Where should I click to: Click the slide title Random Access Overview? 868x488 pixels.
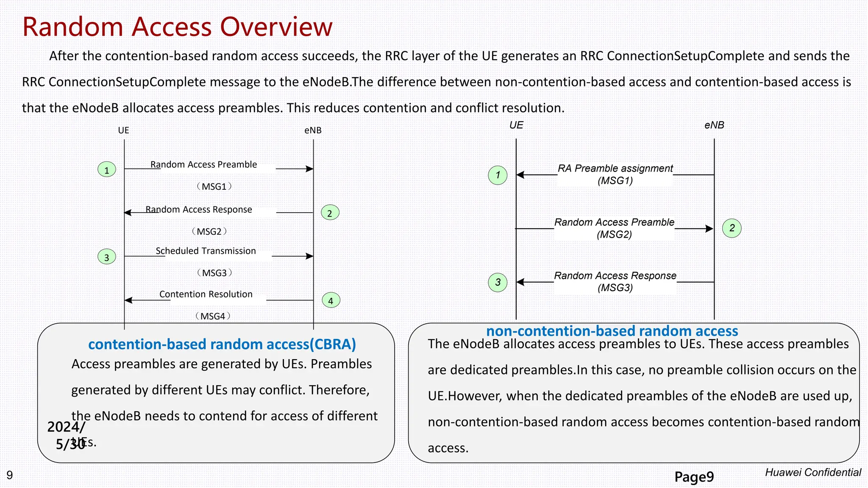(177, 27)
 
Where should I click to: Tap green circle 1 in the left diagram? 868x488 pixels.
(107, 169)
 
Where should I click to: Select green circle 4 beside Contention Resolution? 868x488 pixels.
(331, 300)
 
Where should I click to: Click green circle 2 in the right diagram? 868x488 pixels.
(732, 228)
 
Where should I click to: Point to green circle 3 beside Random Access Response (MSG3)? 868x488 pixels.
(498, 282)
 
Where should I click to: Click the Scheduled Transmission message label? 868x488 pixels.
(206, 251)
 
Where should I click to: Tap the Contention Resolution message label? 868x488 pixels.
(206, 294)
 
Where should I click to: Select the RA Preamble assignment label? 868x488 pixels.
(615, 169)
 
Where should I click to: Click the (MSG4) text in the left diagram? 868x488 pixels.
(213, 316)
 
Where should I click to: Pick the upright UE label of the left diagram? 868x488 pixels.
(123, 130)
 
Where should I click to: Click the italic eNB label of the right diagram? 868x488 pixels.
(714, 125)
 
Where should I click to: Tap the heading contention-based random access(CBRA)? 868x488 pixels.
(222, 344)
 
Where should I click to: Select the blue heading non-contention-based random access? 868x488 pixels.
(612, 331)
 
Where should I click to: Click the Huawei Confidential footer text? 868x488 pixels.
(813, 472)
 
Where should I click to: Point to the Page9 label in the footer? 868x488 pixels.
(694, 477)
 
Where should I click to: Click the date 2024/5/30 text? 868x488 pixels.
(67, 435)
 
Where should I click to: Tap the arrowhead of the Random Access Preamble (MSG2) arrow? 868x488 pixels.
(709, 229)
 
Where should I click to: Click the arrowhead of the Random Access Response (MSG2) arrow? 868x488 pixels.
(128, 213)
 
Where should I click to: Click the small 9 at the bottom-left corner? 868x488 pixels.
(10, 475)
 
